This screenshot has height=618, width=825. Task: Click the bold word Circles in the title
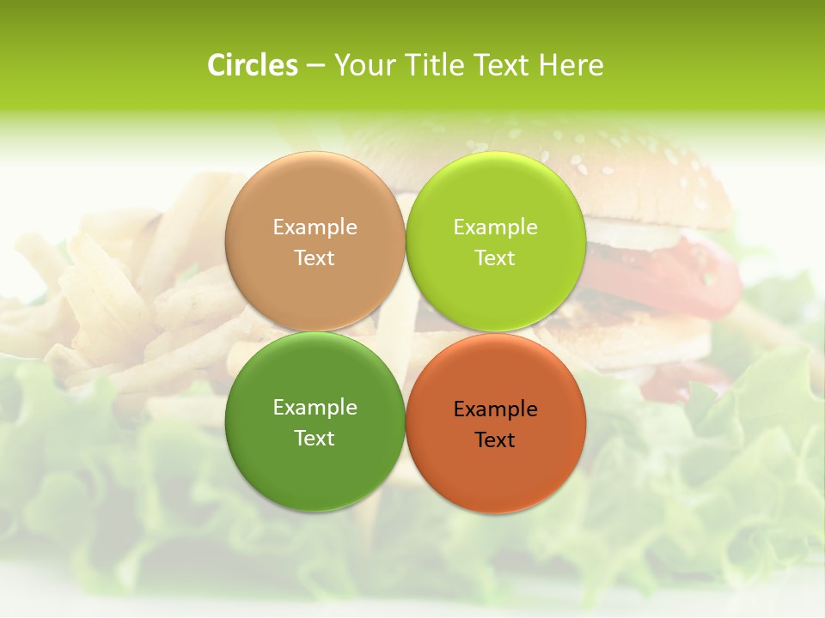coord(253,65)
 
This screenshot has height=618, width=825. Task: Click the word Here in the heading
coord(571,65)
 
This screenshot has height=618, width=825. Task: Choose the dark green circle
coord(315,463)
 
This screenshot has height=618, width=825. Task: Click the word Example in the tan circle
coord(315,227)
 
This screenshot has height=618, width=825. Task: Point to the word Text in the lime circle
coord(495,258)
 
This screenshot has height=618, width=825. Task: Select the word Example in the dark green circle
coord(315,408)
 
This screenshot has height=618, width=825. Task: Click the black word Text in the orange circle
coord(495,440)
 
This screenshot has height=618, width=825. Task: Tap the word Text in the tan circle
coord(315,258)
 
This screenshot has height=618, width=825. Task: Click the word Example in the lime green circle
coord(495,227)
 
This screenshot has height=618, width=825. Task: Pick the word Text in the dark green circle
coord(315,439)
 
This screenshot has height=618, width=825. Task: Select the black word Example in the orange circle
coord(495,409)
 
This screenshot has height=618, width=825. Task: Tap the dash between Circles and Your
coord(315,66)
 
